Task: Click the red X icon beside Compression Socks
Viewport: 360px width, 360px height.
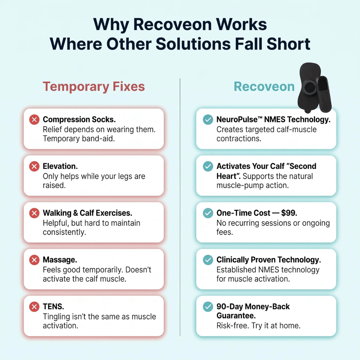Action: [x=34, y=119]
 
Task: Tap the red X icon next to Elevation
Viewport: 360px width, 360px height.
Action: [x=34, y=166]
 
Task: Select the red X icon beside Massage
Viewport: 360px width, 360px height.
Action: [x=34, y=260]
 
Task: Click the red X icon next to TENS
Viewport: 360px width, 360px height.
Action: [x=34, y=307]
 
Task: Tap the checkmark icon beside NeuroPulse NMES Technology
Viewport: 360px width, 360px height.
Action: [x=208, y=119]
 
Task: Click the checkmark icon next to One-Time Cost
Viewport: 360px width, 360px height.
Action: [x=208, y=213]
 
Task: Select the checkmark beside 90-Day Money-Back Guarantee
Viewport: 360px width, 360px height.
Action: [x=208, y=307]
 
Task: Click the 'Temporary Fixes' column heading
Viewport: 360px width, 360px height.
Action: [x=94, y=87]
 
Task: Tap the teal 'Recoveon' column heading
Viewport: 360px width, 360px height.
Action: [x=264, y=87]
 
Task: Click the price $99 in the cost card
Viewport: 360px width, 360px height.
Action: [x=289, y=213]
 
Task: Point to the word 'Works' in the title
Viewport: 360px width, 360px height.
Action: [x=241, y=24]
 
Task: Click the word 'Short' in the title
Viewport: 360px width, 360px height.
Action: [x=288, y=44]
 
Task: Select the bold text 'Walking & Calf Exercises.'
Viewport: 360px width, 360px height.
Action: [x=87, y=213]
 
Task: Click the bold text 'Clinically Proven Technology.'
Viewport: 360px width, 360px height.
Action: [x=269, y=260]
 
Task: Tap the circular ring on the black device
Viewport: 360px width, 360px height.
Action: [x=309, y=87]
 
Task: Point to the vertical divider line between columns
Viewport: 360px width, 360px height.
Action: [x=180, y=207]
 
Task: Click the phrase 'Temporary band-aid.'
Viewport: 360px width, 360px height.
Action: [x=79, y=139]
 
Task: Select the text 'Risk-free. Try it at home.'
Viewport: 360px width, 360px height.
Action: [x=259, y=326]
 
